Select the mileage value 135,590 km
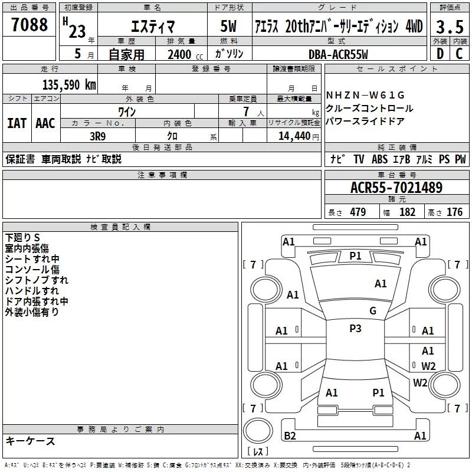point(68,84)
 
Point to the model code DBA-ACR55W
point(338,54)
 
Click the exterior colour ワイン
point(127,111)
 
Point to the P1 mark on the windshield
point(355,255)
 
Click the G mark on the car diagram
point(372,311)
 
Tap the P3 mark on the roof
point(355,329)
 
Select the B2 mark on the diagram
point(290,436)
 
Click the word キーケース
point(31,441)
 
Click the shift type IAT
point(17,123)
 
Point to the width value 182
point(407,212)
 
